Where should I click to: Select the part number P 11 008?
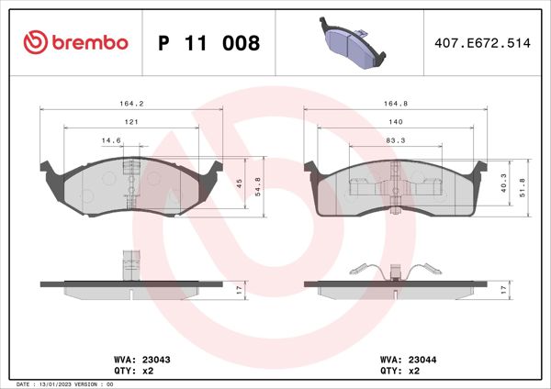(x=209, y=43)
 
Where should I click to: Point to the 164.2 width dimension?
(x=130, y=104)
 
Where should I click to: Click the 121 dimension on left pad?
(x=131, y=122)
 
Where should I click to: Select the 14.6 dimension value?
(x=110, y=140)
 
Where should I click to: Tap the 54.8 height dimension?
(x=260, y=187)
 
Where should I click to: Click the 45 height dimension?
(x=241, y=183)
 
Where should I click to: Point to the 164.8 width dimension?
(x=394, y=104)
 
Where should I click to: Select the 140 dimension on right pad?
(x=394, y=122)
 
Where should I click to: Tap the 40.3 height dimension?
(x=504, y=186)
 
